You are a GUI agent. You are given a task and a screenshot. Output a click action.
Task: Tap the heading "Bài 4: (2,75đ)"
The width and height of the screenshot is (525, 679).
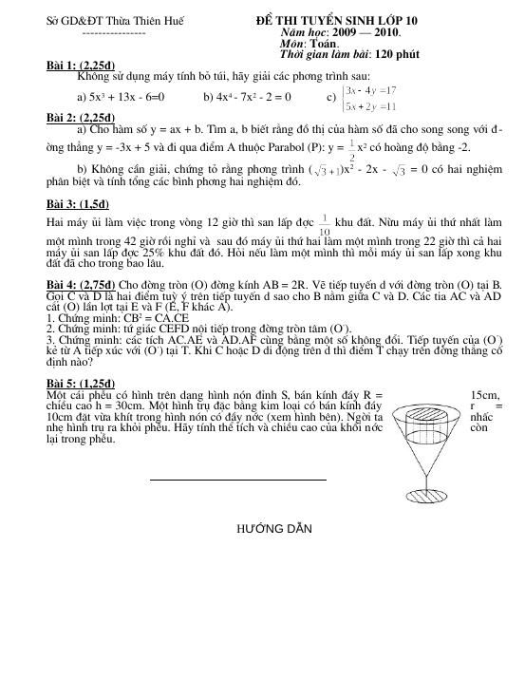pos(82,284)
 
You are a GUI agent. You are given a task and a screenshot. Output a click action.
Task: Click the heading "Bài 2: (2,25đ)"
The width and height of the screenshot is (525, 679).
pos(81,117)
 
